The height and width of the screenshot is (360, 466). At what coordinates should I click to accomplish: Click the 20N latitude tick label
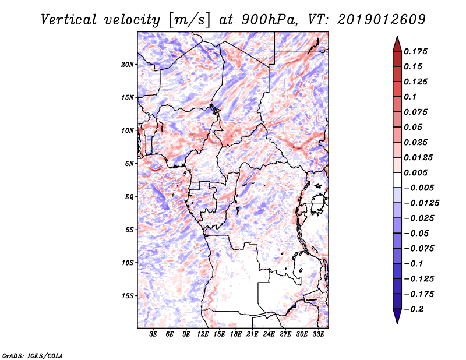tap(128, 64)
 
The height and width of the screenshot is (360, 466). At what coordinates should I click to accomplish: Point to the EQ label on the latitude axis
tap(129, 196)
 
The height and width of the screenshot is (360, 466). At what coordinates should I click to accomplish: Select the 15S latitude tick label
tap(128, 295)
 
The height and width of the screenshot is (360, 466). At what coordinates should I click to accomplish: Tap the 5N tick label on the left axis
tap(129, 164)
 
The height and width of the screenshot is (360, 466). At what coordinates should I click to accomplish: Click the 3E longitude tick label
tap(154, 334)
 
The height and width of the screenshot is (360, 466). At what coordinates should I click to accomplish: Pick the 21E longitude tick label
tap(252, 334)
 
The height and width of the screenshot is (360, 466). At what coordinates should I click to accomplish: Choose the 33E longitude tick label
tap(318, 334)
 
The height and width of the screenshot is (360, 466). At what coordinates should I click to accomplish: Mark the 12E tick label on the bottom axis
tap(203, 334)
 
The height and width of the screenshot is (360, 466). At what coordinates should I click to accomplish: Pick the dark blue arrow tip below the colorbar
tap(397, 319)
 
